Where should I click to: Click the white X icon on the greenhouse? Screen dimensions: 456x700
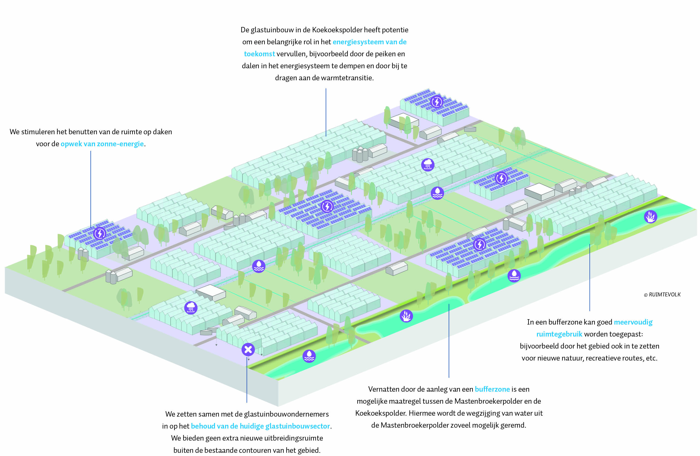pos(248,349)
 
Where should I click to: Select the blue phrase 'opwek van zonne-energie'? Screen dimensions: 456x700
pos(102,144)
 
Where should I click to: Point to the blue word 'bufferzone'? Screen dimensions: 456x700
pos(492,389)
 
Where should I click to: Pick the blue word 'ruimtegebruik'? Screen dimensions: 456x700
pos(559,334)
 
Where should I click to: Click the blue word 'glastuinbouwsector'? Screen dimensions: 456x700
pos(297,426)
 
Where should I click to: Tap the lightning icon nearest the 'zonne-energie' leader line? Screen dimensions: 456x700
pos(100,234)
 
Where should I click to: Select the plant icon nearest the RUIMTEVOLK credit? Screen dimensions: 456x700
pos(650,217)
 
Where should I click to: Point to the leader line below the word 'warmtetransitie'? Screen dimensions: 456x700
pos(326,112)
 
